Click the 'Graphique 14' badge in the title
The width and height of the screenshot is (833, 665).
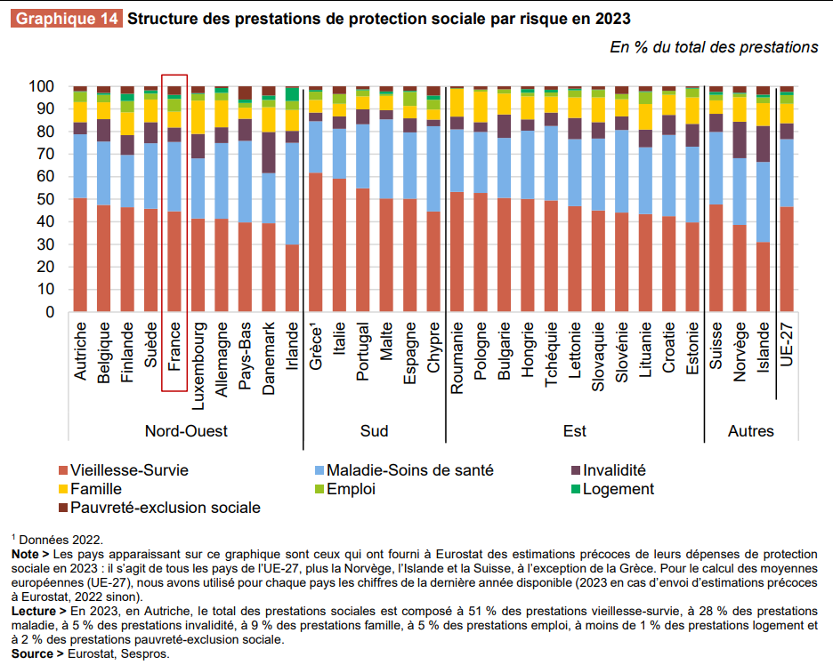[x=68, y=18]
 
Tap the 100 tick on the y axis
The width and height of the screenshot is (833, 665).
[x=41, y=86]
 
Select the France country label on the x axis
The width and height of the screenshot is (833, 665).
[x=174, y=350]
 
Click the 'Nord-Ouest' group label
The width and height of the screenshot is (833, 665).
[x=186, y=431]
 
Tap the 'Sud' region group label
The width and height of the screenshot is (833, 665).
[x=374, y=431]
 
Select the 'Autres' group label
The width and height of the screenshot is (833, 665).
[x=751, y=431]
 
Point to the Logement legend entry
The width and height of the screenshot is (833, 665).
[x=615, y=489]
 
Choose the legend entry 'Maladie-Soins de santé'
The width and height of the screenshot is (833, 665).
[x=409, y=470]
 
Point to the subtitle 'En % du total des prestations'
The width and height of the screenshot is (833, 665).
[x=714, y=47]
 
